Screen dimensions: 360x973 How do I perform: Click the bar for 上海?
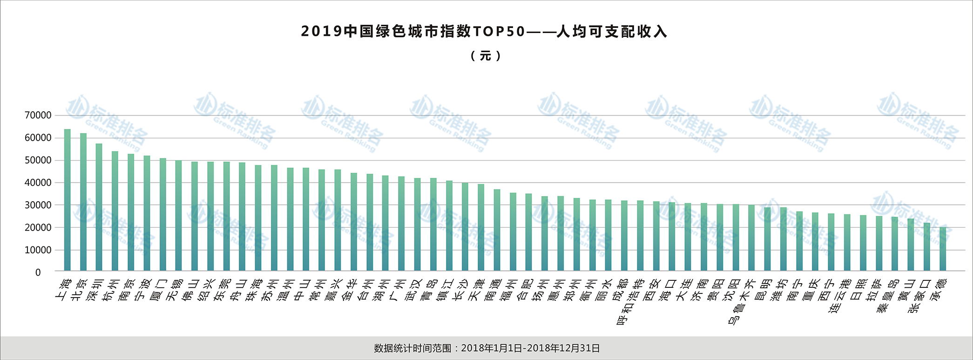(68, 200)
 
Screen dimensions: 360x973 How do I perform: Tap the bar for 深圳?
(99, 207)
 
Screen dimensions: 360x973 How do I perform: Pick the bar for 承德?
(943, 249)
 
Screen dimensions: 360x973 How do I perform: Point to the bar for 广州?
(401, 224)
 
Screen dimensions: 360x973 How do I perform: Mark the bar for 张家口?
(927, 247)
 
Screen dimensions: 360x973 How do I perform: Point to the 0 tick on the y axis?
(38, 272)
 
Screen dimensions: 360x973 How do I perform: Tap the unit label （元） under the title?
(486, 56)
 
